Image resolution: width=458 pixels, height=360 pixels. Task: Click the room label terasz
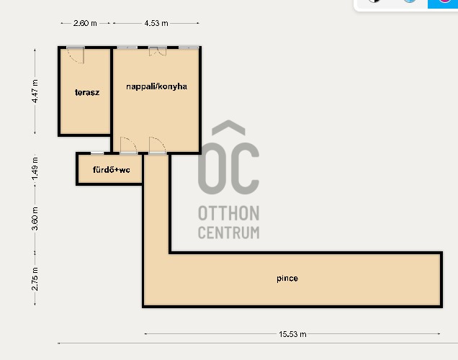pos(86,92)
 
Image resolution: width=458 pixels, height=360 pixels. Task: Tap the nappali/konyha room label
pos(156,86)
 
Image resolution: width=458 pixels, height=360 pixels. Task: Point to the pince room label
pos(287,278)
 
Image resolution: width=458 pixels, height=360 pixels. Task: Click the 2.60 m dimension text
pos(85,23)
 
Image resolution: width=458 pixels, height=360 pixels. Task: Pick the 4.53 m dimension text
pos(156,23)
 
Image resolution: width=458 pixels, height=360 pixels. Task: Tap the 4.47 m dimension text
pos(35,91)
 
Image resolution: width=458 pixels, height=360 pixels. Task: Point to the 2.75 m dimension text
pos(35,278)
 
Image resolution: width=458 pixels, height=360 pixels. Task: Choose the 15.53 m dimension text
pos(293,334)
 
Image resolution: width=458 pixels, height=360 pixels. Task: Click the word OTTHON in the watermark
pos(228,214)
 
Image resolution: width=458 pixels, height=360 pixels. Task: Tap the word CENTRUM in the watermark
pos(228,233)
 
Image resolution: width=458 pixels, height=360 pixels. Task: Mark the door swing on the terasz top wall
pos(76,54)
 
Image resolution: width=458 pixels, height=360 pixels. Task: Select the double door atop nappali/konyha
pos(158,51)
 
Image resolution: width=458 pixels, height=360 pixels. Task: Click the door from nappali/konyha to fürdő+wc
pos(128,145)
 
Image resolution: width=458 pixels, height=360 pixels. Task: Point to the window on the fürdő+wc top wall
pos(97,153)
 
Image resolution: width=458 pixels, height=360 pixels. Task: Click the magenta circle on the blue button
pos(444,1)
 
